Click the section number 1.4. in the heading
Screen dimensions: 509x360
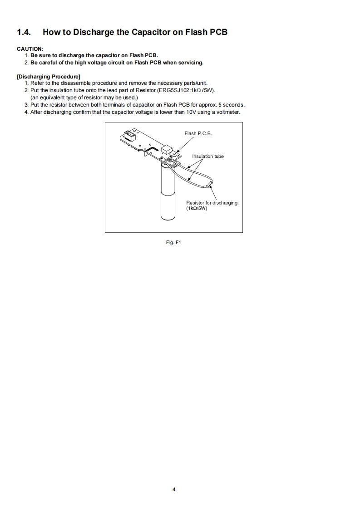(x=24, y=32)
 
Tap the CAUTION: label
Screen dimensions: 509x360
(x=30, y=49)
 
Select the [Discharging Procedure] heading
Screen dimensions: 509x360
(x=49, y=76)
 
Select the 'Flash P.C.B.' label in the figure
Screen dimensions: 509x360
(x=198, y=133)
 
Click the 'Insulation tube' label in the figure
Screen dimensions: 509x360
(x=207, y=156)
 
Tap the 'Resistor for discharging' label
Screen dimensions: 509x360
(x=212, y=203)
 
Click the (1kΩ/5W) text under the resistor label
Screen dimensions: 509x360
(x=197, y=209)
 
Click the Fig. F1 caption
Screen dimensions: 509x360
(x=174, y=243)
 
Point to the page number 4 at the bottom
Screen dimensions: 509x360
(x=174, y=489)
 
